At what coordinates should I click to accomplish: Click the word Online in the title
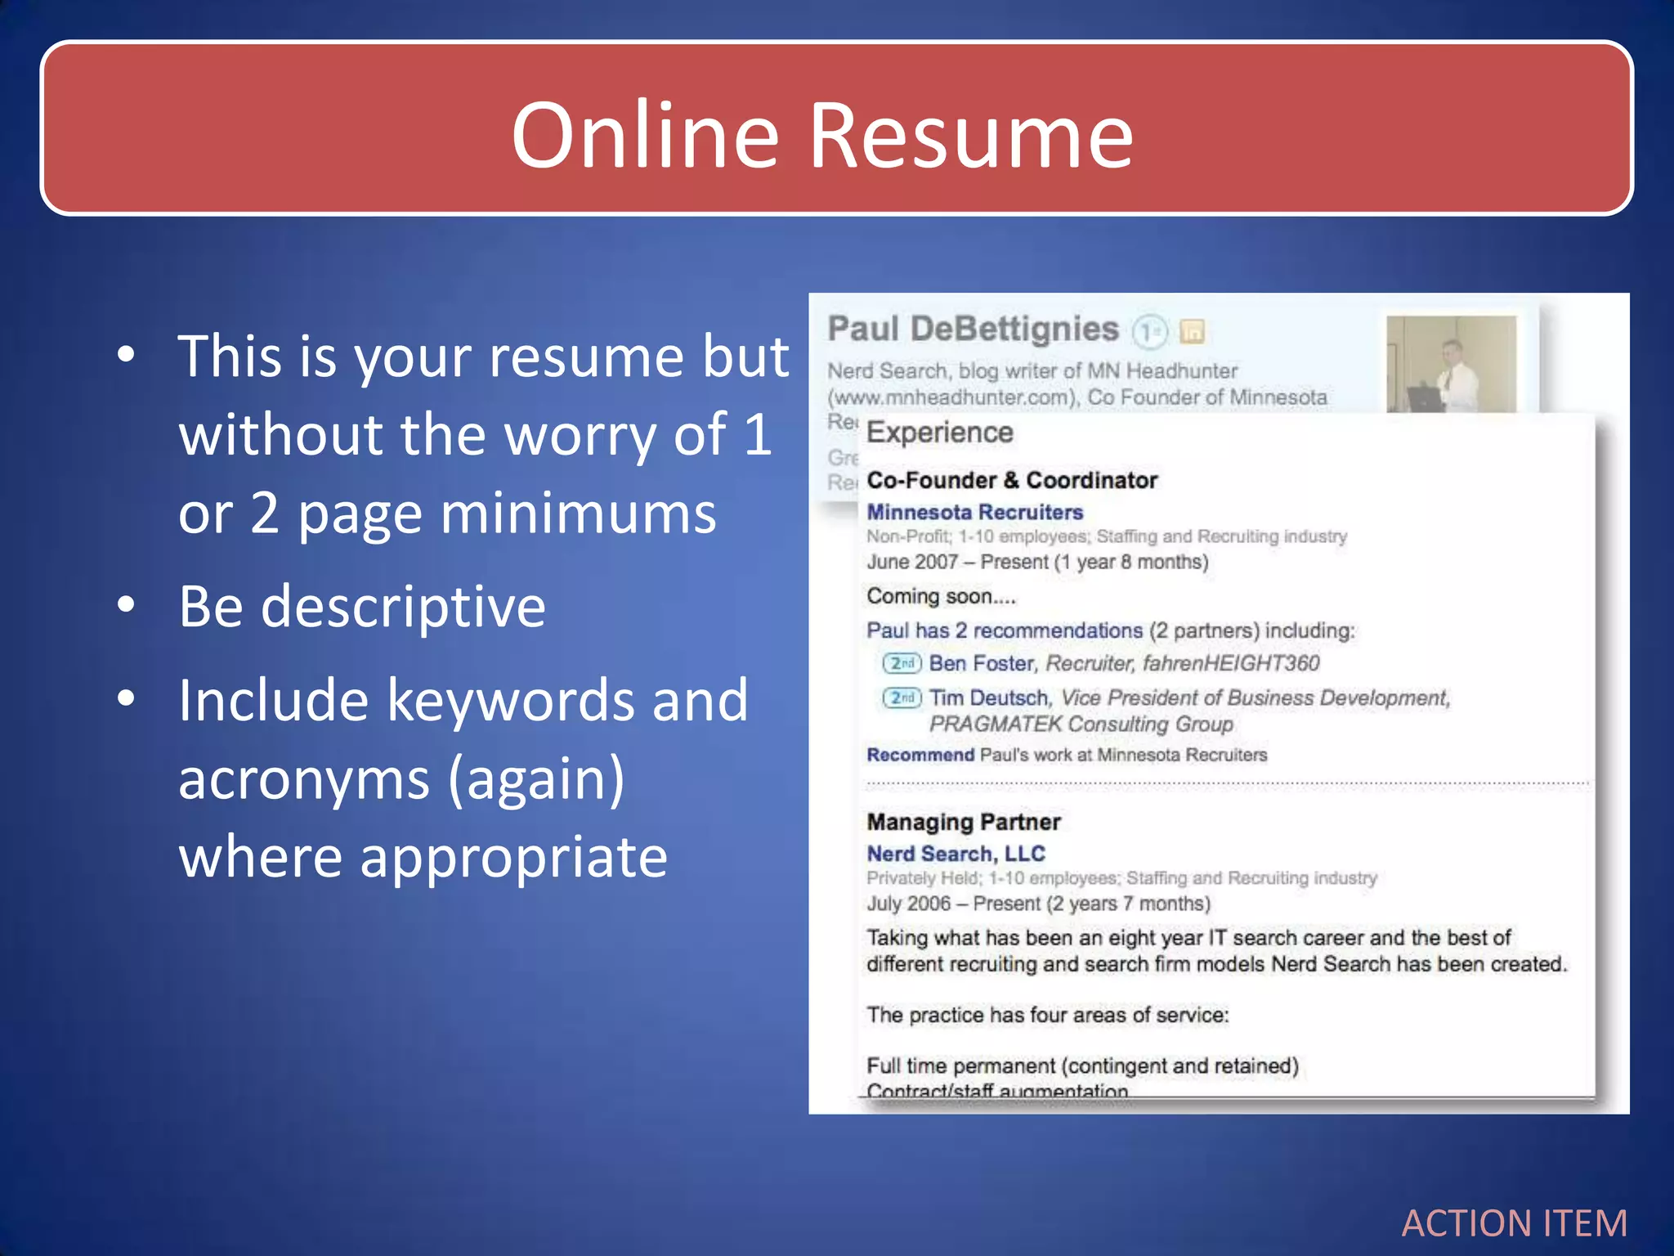[x=645, y=135]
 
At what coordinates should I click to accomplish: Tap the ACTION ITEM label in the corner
[x=1514, y=1223]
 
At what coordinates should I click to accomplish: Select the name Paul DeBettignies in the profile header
[x=973, y=329]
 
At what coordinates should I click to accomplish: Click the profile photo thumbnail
[x=1451, y=364]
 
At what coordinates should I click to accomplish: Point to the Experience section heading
[x=939, y=433]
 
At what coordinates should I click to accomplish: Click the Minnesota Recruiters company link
[x=974, y=512]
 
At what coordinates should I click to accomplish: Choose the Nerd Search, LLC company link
[x=956, y=854]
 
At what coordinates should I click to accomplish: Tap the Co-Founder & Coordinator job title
[x=1012, y=480]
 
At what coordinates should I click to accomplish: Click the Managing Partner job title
[x=963, y=822]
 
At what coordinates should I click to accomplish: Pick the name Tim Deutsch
[x=989, y=698]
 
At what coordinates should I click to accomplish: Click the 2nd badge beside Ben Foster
[x=902, y=663]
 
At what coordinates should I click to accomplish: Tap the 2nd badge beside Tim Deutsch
[x=902, y=698]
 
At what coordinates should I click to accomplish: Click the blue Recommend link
[x=920, y=755]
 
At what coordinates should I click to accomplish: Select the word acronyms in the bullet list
[x=304, y=778]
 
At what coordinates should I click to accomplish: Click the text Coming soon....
[x=941, y=596]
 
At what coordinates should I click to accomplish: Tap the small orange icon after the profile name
[x=1193, y=331]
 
